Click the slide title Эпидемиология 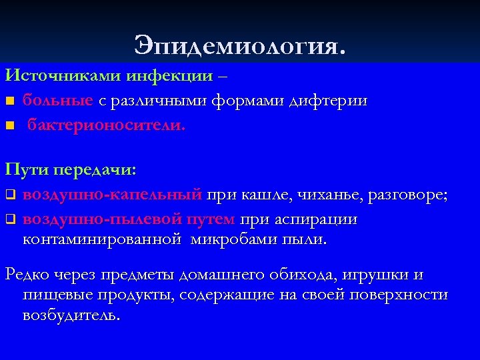coord(240,45)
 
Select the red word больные coord(58,101)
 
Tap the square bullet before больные coord(9,101)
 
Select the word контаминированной coord(102,238)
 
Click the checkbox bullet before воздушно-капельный coord(9,195)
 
